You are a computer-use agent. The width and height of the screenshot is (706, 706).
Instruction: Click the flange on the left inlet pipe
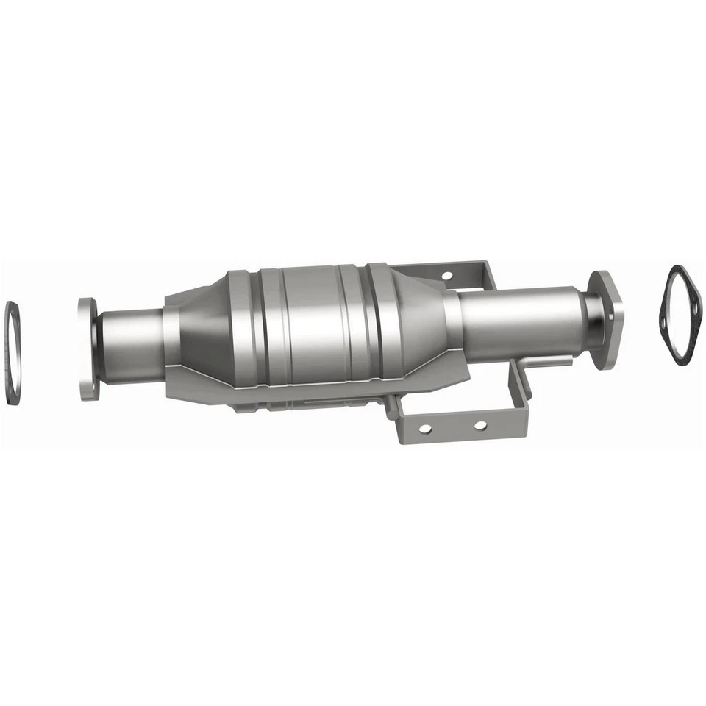pyautogui.click(x=86, y=349)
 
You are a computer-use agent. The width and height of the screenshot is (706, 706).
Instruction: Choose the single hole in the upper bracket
pyautogui.click(x=446, y=277)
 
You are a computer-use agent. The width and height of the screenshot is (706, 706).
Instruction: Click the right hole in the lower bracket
pyautogui.click(x=479, y=424)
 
